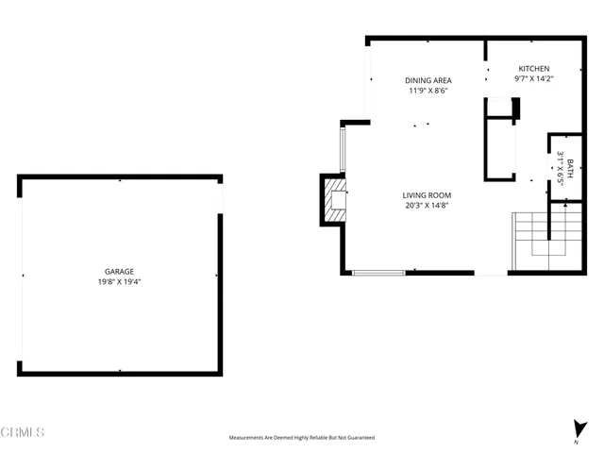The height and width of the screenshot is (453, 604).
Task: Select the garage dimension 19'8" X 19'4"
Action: tap(119, 280)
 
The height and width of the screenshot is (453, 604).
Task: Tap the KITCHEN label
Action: tap(533, 69)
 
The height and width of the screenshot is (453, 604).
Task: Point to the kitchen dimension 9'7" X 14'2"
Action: tap(533, 79)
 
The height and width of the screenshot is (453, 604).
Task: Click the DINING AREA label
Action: tap(428, 80)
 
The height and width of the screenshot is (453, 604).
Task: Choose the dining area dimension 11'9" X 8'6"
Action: tap(428, 91)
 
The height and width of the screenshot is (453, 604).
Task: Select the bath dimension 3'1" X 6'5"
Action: tap(560, 168)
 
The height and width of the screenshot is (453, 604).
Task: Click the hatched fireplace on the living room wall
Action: tap(335, 200)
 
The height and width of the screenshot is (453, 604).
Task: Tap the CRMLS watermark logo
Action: tap(24, 432)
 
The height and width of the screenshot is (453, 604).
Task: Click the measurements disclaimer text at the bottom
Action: tap(301, 438)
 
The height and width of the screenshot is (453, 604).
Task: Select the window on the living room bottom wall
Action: tap(378, 273)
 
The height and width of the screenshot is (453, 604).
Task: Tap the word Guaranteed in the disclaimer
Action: tap(361, 438)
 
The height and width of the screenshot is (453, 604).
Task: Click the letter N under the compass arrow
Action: tap(577, 442)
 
